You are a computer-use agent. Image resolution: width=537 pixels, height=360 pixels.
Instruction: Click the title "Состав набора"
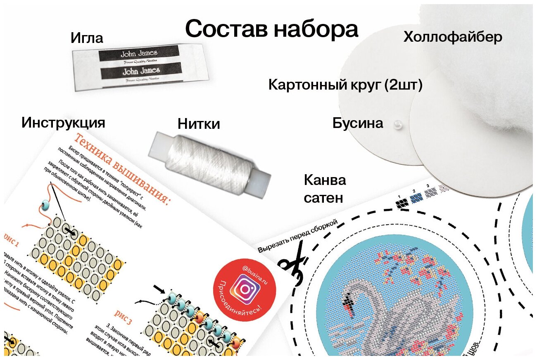point(271,29)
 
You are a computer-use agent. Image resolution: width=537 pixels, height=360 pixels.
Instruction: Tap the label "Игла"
point(87,38)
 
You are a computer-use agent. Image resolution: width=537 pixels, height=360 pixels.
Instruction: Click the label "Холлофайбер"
point(453,38)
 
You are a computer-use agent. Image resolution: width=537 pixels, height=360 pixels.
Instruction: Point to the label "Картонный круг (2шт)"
point(345,85)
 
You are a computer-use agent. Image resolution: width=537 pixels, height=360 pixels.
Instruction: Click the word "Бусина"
point(358,123)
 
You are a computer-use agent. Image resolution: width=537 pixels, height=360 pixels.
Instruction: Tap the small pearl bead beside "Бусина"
point(398,123)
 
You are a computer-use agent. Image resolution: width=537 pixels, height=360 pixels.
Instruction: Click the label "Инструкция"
point(63,123)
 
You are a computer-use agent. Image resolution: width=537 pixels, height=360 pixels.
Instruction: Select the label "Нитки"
point(199,124)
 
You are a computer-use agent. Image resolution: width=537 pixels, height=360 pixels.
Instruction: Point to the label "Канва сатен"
point(325,189)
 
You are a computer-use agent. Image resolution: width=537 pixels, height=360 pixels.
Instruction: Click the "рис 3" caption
point(123,317)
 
